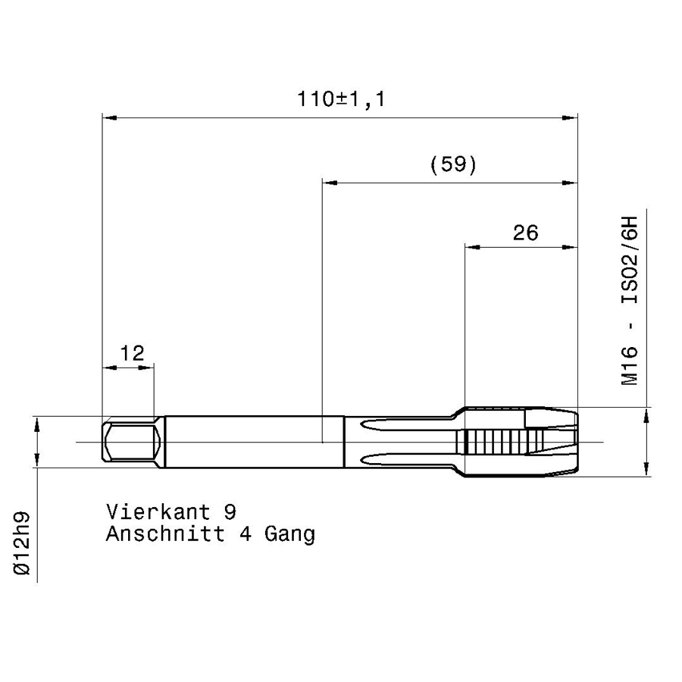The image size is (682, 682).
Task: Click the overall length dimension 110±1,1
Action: [341, 99]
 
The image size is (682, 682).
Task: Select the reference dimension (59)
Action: [453, 165]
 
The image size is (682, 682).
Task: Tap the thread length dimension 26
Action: [525, 233]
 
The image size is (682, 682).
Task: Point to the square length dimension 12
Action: [132, 353]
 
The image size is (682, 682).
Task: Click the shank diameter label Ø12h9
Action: [22, 543]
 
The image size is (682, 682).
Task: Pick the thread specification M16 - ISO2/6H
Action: [630, 301]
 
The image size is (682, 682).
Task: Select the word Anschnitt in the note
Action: [165, 533]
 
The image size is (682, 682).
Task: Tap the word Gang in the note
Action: [289, 535]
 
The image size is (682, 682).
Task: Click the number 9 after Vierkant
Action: [230, 512]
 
